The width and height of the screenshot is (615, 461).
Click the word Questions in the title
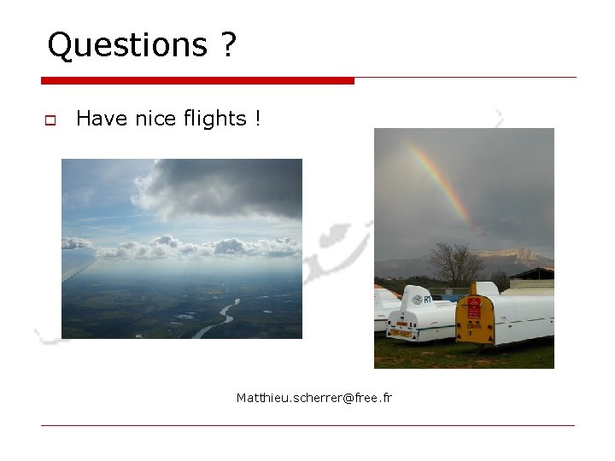[127, 45]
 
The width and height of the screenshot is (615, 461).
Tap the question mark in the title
[227, 45]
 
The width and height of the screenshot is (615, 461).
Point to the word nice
[155, 119]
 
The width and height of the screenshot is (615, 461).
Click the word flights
[214, 119]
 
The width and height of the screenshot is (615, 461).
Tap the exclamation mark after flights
[257, 119]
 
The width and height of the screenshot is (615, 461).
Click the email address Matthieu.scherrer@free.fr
[313, 398]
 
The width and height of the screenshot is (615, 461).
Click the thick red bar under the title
[197, 81]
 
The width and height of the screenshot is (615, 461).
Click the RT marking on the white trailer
[427, 300]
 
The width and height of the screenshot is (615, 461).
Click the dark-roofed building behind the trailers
[534, 275]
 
